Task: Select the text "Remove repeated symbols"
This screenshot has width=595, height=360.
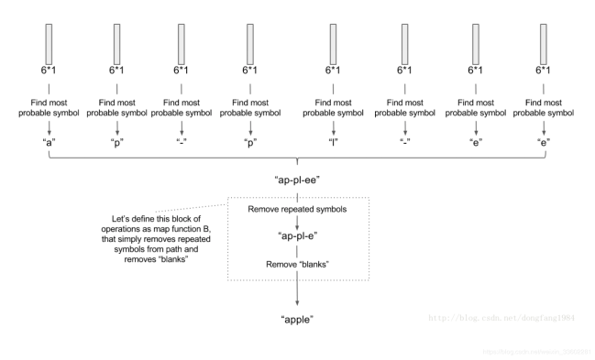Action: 296,209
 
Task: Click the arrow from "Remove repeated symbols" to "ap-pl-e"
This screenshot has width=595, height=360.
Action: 296,223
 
